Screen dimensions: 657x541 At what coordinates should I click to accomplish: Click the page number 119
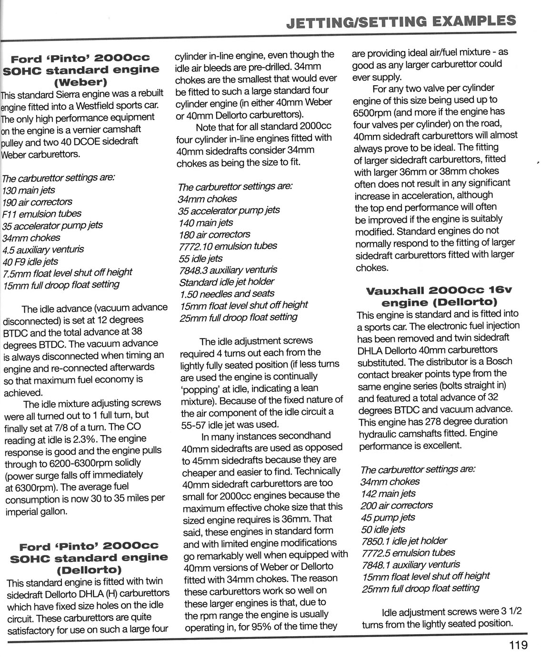tap(518, 645)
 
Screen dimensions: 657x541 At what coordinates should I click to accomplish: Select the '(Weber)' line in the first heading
tap(81, 81)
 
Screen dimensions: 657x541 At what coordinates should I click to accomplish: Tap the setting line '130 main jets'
tap(29, 190)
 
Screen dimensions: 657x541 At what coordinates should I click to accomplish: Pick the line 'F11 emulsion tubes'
tap(42, 214)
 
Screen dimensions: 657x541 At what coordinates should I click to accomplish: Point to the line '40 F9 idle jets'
tap(30, 261)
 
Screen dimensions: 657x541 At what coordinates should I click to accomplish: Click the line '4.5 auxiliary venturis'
tap(43, 249)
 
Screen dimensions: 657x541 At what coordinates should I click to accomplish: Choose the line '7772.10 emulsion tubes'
tap(228, 246)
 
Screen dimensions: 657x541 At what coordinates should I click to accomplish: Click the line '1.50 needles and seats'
tap(227, 293)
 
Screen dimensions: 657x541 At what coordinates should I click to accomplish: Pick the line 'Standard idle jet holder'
tap(226, 281)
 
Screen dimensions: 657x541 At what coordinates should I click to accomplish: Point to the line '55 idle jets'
tap(200, 258)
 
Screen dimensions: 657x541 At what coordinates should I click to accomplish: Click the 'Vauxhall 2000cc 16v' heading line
tap(432, 290)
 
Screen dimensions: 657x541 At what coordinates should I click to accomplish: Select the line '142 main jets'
tap(388, 494)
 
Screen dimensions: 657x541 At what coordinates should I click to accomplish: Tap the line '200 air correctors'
tap(397, 506)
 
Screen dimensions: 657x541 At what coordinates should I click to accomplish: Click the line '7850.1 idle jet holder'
tap(404, 541)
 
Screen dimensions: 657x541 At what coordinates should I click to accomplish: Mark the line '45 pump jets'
tap(388, 518)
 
